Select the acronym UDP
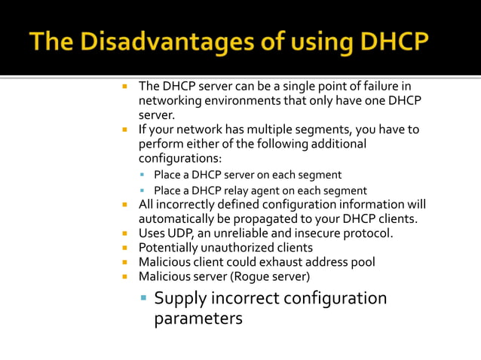click(184, 233)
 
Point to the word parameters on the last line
click(198, 318)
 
